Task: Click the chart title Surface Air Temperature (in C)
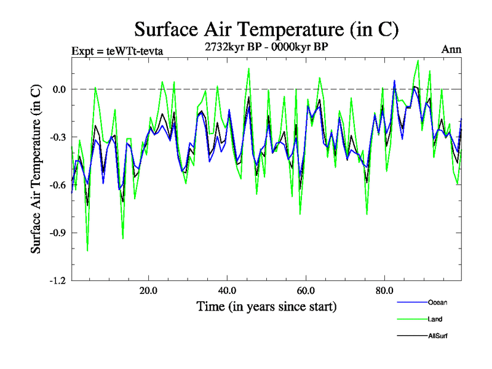(x=266, y=30)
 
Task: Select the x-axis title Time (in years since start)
(x=266, y=306)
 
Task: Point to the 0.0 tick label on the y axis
(x=57, y=89)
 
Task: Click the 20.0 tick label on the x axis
(x=148, y=291)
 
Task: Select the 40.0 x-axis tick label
(x=227, y=291)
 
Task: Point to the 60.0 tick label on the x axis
(x=306, y=291)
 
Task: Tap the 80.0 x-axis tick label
(x=384, y=291)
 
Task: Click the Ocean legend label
(x=437, y=303)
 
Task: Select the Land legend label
(x=435, y=319)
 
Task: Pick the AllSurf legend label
(x=437, y=336)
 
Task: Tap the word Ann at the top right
(x=451, y=50)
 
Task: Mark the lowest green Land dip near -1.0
(x=87, y=251)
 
